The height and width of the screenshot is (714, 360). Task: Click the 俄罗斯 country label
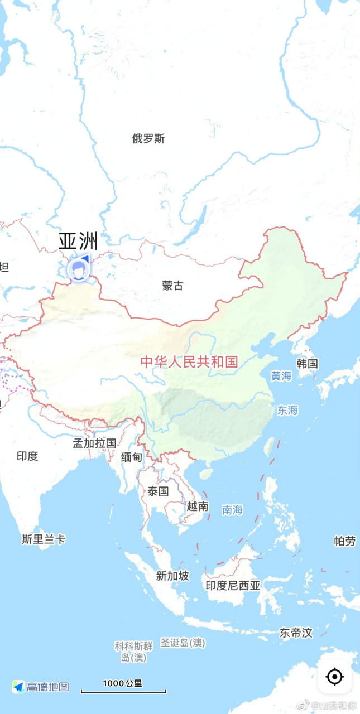148,139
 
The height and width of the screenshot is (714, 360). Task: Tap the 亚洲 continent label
78,242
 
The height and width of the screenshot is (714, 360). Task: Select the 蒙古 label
172,286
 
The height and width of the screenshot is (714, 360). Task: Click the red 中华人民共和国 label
189,362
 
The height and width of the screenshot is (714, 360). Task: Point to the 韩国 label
307,364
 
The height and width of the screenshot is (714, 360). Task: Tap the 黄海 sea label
281,376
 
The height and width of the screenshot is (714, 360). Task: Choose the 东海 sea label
287,411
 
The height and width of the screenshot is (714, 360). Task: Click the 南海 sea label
232,509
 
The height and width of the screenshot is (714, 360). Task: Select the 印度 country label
27,456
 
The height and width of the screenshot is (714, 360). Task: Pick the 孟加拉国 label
94,443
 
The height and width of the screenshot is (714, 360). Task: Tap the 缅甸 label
132,457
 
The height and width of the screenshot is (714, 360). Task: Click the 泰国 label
158,491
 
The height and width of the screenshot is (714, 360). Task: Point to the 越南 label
198,506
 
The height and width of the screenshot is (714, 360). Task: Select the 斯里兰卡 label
44,539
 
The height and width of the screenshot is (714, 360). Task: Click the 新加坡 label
172,576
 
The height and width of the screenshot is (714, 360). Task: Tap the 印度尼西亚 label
233,585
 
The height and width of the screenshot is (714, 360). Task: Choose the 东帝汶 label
296,633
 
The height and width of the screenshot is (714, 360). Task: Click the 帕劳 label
344,541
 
